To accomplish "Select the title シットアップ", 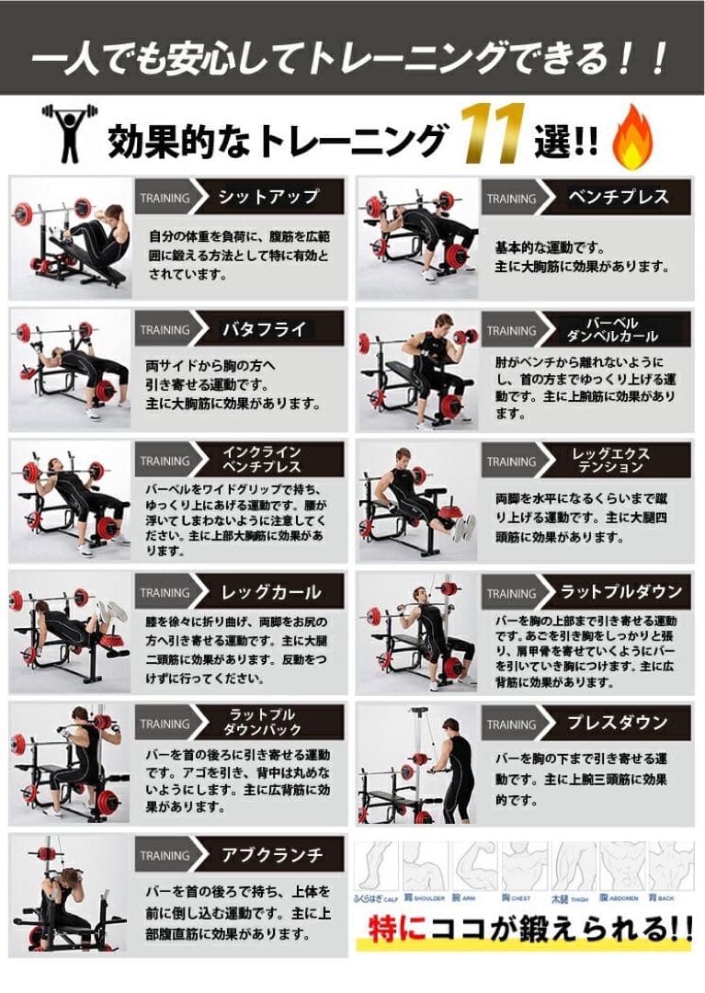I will (x=268, y=197).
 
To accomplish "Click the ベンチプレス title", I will (x=618, y=197).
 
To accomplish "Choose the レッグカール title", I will (x=271, y=591).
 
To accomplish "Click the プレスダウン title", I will (x=618, y=723).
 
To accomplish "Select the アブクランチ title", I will (x=271, y=854).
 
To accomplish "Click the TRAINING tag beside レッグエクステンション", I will (x=511, y=462).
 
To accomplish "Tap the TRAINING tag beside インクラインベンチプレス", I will (x=165, y=462).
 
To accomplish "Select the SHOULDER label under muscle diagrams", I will (x=423, y=897).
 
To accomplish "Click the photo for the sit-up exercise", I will (x=70, y=237).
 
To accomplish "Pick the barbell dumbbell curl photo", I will (x=415, y=370).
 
